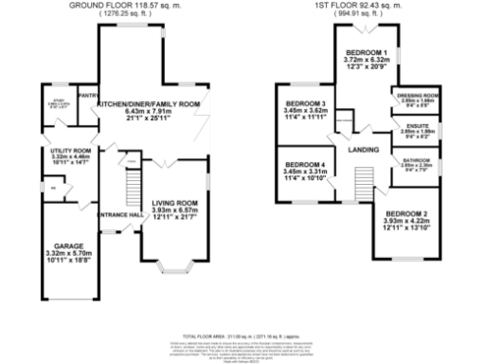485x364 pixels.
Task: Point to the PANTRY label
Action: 90,96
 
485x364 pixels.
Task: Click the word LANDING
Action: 363,150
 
